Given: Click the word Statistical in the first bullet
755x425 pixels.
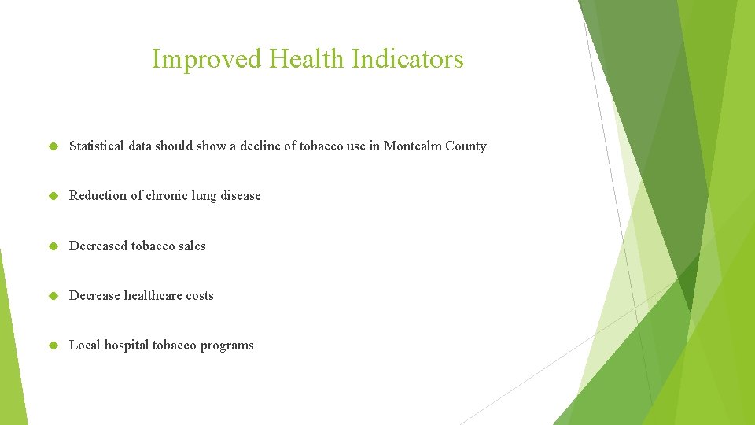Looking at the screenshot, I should tap(96, 146).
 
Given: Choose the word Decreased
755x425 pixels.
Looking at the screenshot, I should tap(98, 246).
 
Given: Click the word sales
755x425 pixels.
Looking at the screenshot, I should tap(192, 246).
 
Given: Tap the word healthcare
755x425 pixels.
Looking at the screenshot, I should tap(153, 296).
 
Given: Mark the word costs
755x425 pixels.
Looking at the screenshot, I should tap(200, 296).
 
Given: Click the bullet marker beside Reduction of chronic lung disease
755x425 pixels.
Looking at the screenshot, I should tap(53, 196).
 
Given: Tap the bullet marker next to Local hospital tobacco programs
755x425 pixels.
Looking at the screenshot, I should tap(53, 346).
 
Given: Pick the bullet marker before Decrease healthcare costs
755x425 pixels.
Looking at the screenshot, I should tap(53, 296).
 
